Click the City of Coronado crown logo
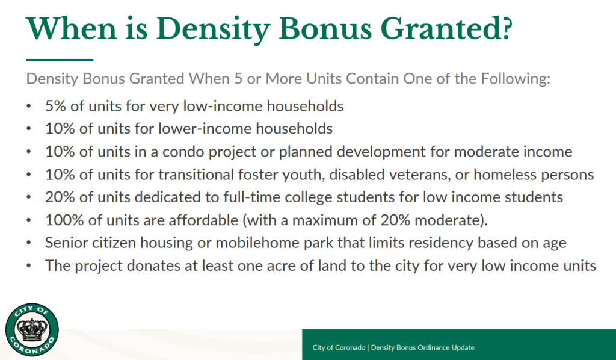[x=32, y=329]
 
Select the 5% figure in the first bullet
[x=55, y=106]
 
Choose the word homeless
[x=505, y=174]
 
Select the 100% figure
[x=64, y=220]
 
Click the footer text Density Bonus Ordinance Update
[x=422, y=347]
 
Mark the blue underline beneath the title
[x=60, y=60]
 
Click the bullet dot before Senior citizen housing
[x=29, y=243]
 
